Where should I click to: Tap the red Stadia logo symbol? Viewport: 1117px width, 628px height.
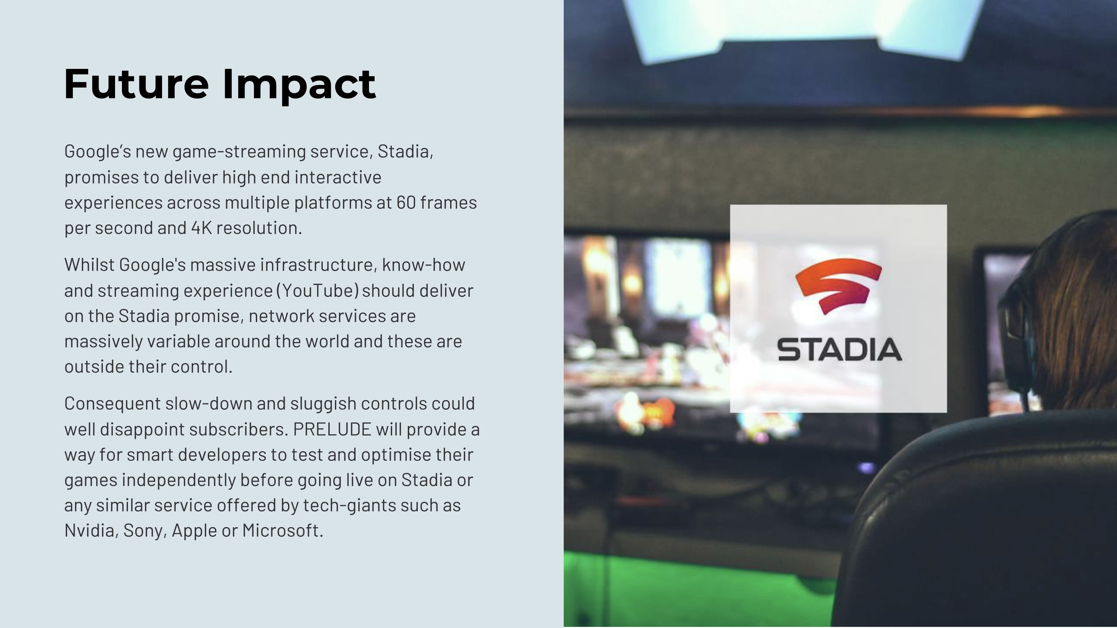tap(838, 286)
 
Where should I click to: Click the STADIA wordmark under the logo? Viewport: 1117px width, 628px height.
tap(839, 350)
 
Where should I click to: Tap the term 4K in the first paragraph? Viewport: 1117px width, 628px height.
tap(202, 228)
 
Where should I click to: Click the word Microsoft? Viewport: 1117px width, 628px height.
tap(283, 530)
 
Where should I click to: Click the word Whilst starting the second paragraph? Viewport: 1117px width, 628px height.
tap(89, 265)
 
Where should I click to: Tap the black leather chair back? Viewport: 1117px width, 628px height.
tap(976, 520)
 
